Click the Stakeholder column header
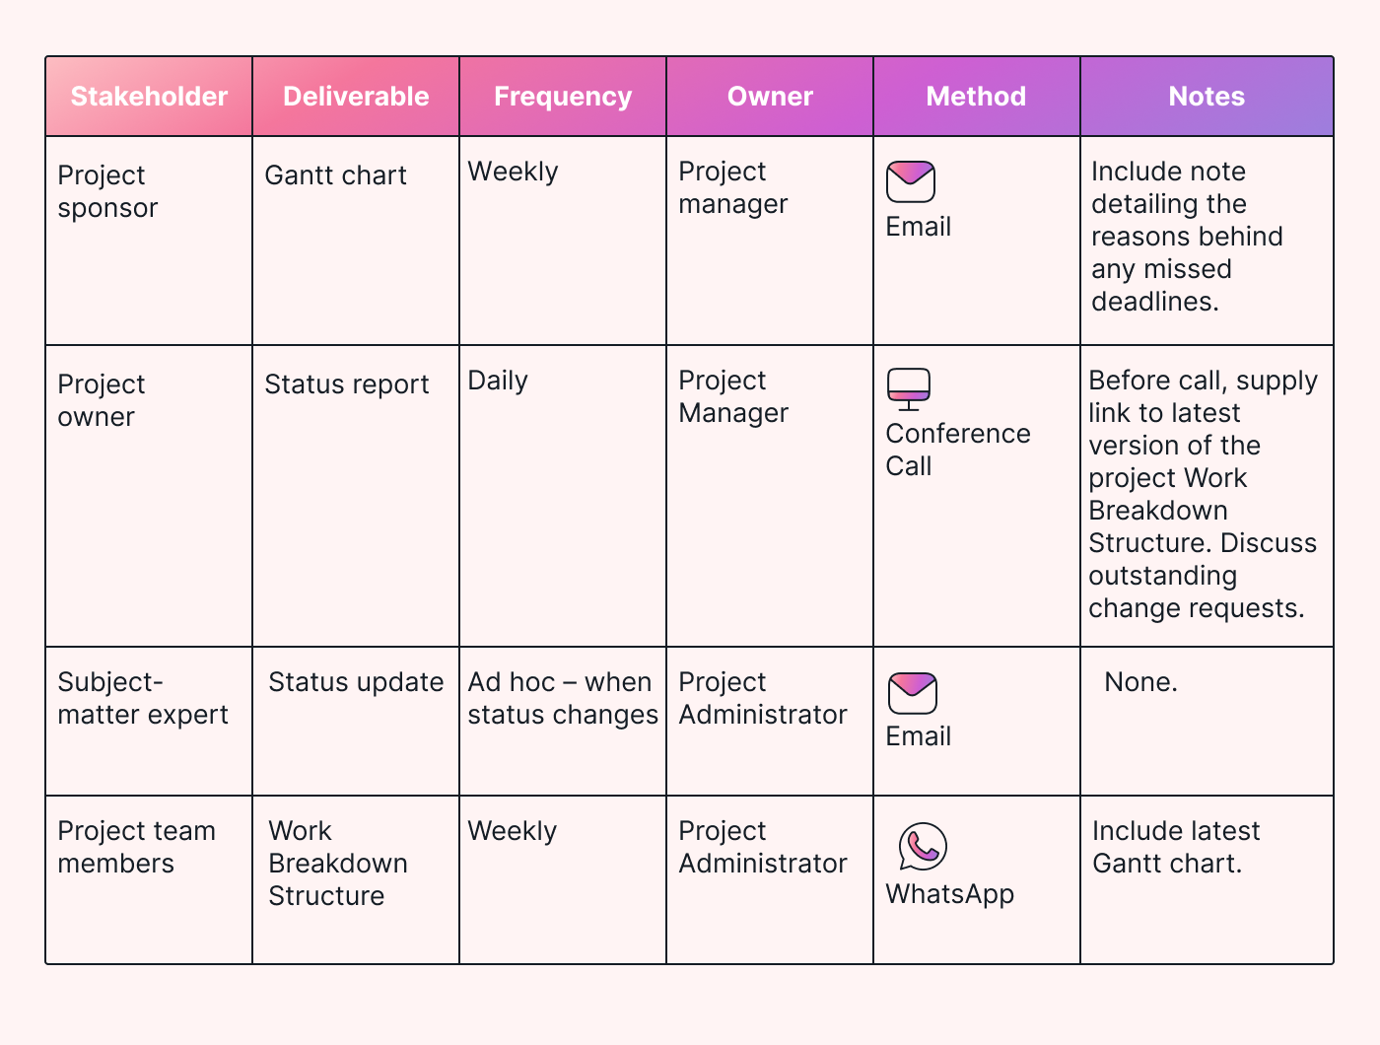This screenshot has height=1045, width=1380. coord(149,97)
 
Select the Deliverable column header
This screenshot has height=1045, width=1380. coord(356,97)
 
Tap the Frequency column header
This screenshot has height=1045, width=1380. coord(563,97)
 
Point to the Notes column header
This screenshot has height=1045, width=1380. coord(1207,97)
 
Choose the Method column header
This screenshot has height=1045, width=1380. coord(976,97)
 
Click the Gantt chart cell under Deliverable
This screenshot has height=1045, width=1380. coord(335,175)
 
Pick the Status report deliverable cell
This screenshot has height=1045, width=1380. coord(346,384)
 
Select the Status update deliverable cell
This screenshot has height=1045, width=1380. coord(356,682)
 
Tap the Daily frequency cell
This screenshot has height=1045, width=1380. coord(498,381)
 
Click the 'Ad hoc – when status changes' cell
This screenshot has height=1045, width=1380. coord(562,698)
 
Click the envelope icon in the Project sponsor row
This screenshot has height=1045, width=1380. coord(910,182)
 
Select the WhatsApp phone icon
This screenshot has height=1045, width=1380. coord(923,847)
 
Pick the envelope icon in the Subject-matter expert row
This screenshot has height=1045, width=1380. coord(912,693)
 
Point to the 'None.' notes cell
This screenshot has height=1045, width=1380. coord(1140,682)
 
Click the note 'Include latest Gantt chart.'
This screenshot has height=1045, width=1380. coord(1175,847)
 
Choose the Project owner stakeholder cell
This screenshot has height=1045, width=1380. coord(101,400)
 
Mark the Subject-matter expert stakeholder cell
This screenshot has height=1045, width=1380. coord(142,698)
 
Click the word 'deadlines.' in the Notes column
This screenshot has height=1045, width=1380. coord(1154,302)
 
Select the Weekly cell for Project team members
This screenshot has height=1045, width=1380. coord(512,831)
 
